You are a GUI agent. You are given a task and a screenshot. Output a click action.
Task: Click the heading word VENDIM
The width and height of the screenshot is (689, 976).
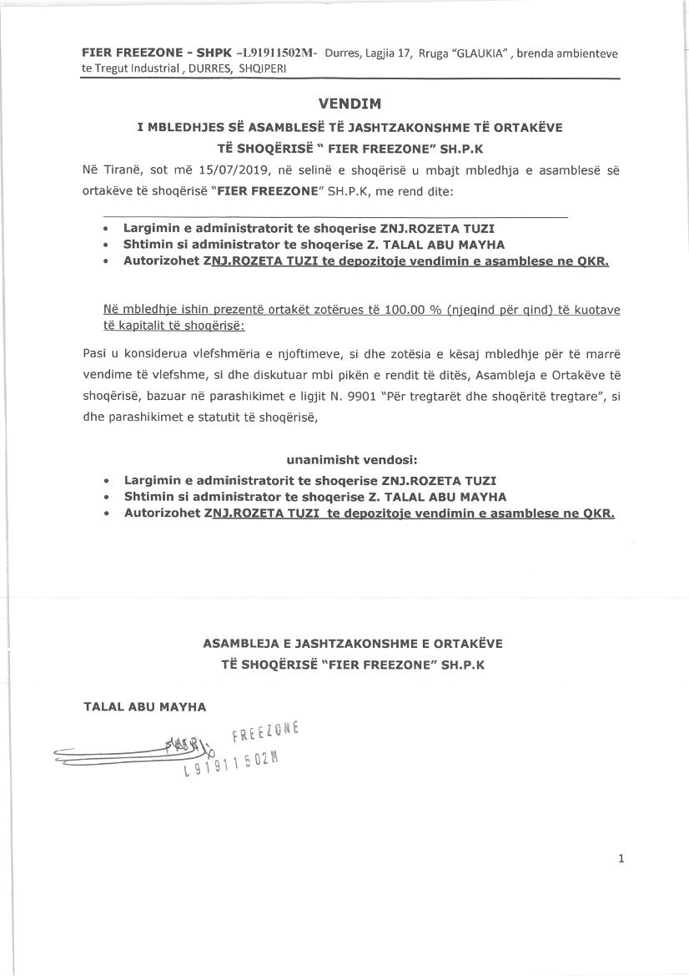click(350, 104)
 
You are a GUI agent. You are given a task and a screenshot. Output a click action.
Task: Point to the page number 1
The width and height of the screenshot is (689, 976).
click(621, 858)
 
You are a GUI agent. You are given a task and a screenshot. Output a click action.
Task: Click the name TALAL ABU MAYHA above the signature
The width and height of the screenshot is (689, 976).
click(144, 706)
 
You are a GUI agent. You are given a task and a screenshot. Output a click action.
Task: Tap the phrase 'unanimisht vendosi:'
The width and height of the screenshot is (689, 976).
click(351, 459)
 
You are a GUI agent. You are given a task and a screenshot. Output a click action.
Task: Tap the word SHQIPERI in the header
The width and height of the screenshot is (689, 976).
click(262, 68)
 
